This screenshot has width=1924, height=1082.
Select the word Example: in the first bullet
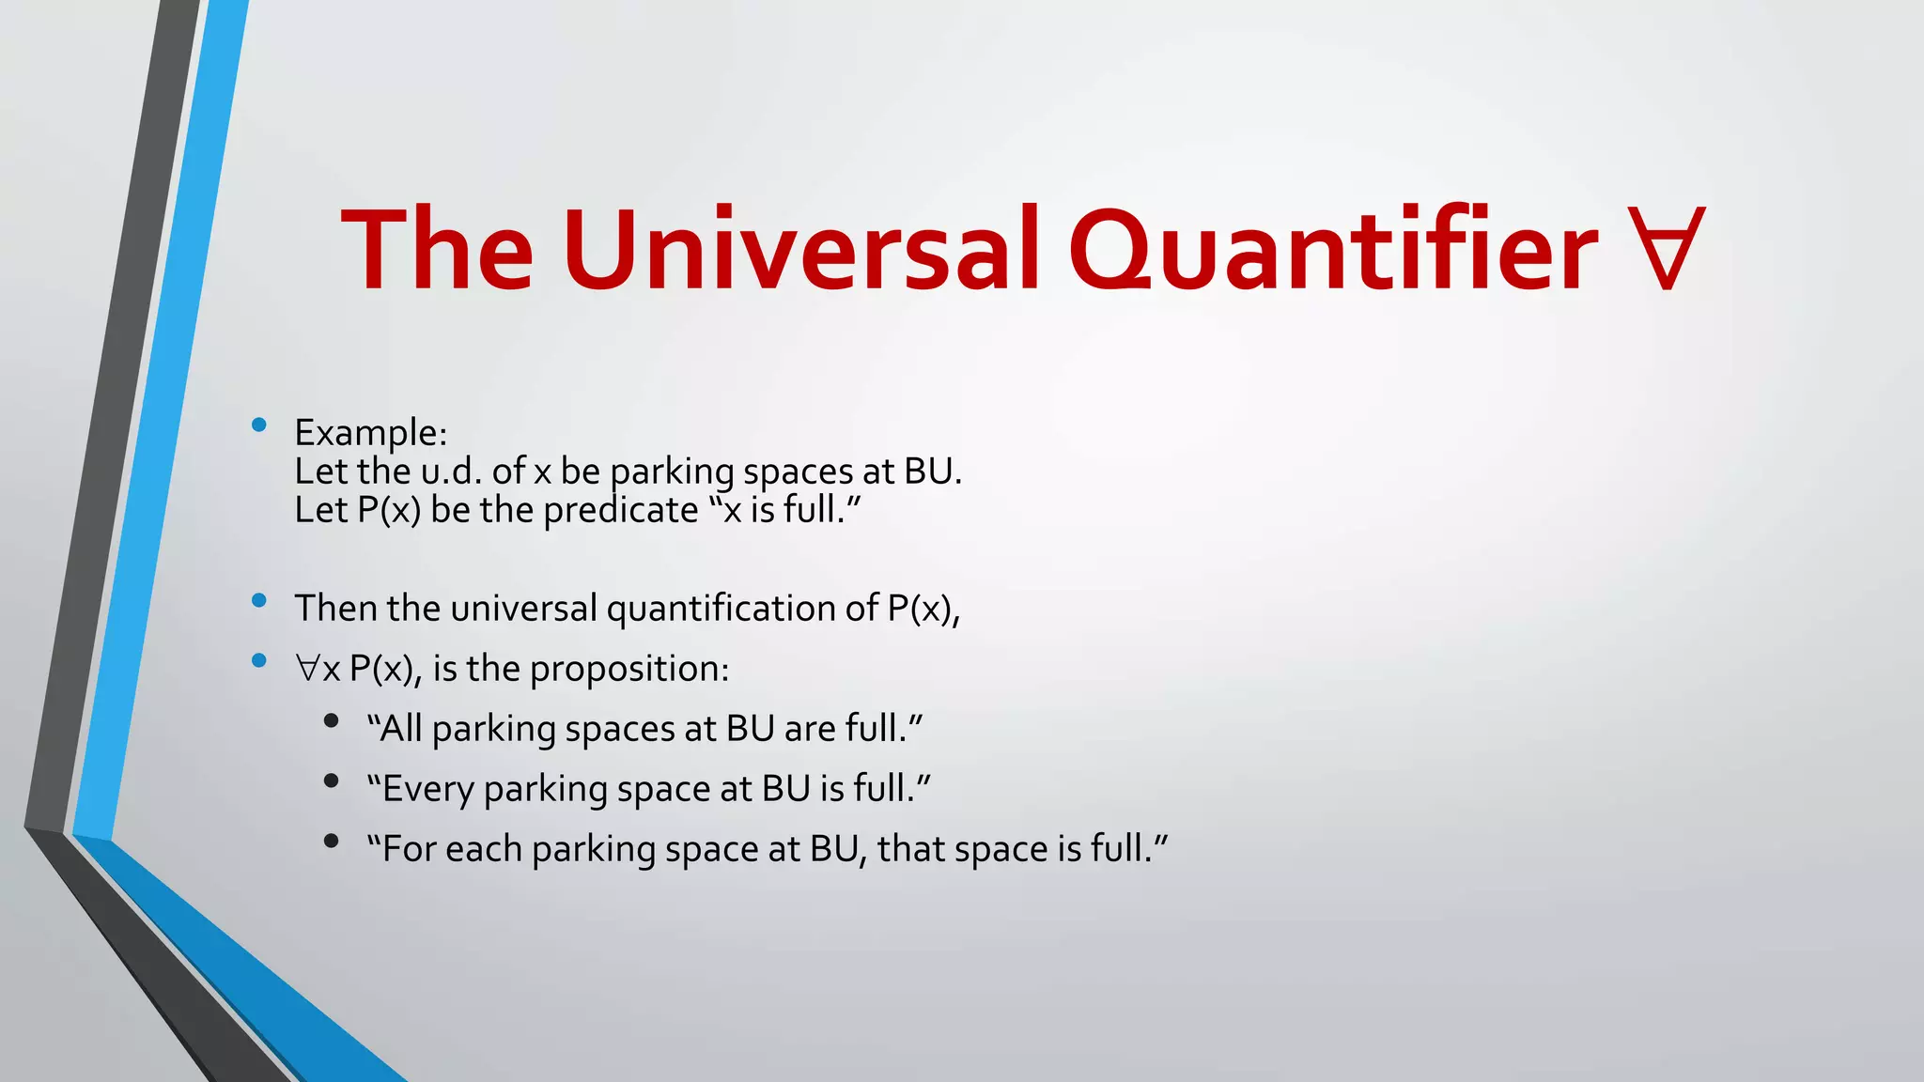[x=371, y=433]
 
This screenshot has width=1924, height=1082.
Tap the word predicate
[x=621, y=511]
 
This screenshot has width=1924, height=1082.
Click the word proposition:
[x=629, y=670]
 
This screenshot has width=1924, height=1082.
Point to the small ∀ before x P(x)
[x=307, y=670]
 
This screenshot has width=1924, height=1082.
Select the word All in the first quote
[x=400, y=729]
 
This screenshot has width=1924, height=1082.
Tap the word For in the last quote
[x=405, y=849]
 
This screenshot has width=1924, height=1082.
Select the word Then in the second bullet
[x=335, y=609]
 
